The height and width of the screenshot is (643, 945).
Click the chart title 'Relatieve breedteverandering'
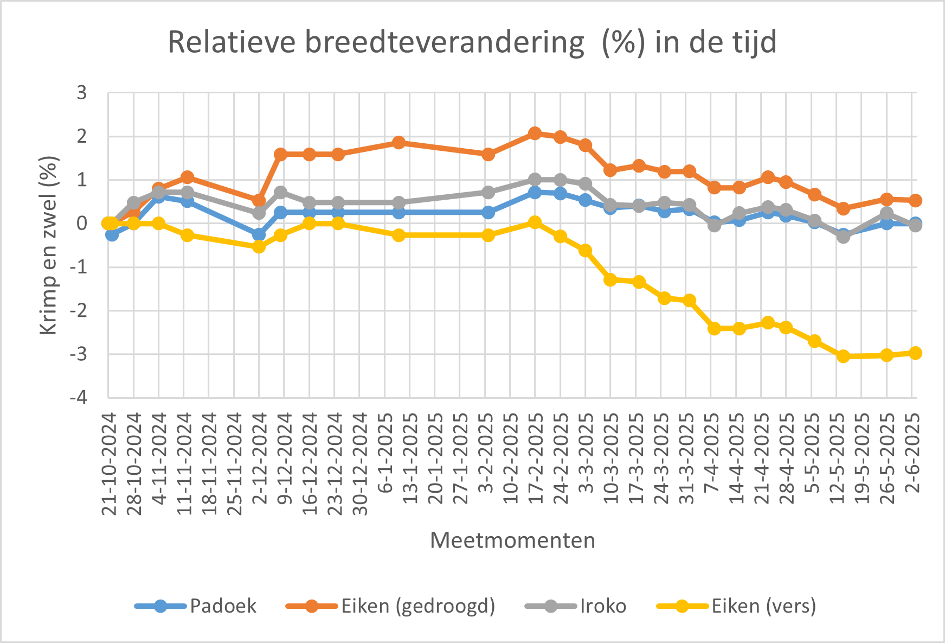click(x=472, y=42)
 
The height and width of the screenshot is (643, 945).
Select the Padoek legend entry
click(x=223, y=606)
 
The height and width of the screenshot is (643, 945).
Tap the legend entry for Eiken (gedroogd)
click(x=418, y=606)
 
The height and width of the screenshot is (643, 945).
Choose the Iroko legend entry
click(x=603, y=606)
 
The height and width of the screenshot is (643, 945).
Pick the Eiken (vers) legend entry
click(x=763, y=606)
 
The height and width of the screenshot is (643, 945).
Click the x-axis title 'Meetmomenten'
click(x=512, y=540)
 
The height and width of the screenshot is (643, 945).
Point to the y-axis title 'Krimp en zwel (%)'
click(x=49, y=245)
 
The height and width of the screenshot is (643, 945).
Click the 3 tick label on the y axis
click(x=81, y=93)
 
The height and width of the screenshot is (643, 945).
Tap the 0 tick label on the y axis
click(x=81, y=224)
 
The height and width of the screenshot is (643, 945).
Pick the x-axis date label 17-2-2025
click(x=536, y=459)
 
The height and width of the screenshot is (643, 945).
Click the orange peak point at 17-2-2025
click(x=535, y=133)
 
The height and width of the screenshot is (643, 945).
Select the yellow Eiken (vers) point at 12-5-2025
click(x=843, y=356)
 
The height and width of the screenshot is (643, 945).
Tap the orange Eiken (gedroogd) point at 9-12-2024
click(x=280, y=155)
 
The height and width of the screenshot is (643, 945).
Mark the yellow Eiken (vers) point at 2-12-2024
click(x=259, y=247)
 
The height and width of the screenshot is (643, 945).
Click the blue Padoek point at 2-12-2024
click(x=259, y=235)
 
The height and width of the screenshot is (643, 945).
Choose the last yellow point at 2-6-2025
click(x=915, y=353)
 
